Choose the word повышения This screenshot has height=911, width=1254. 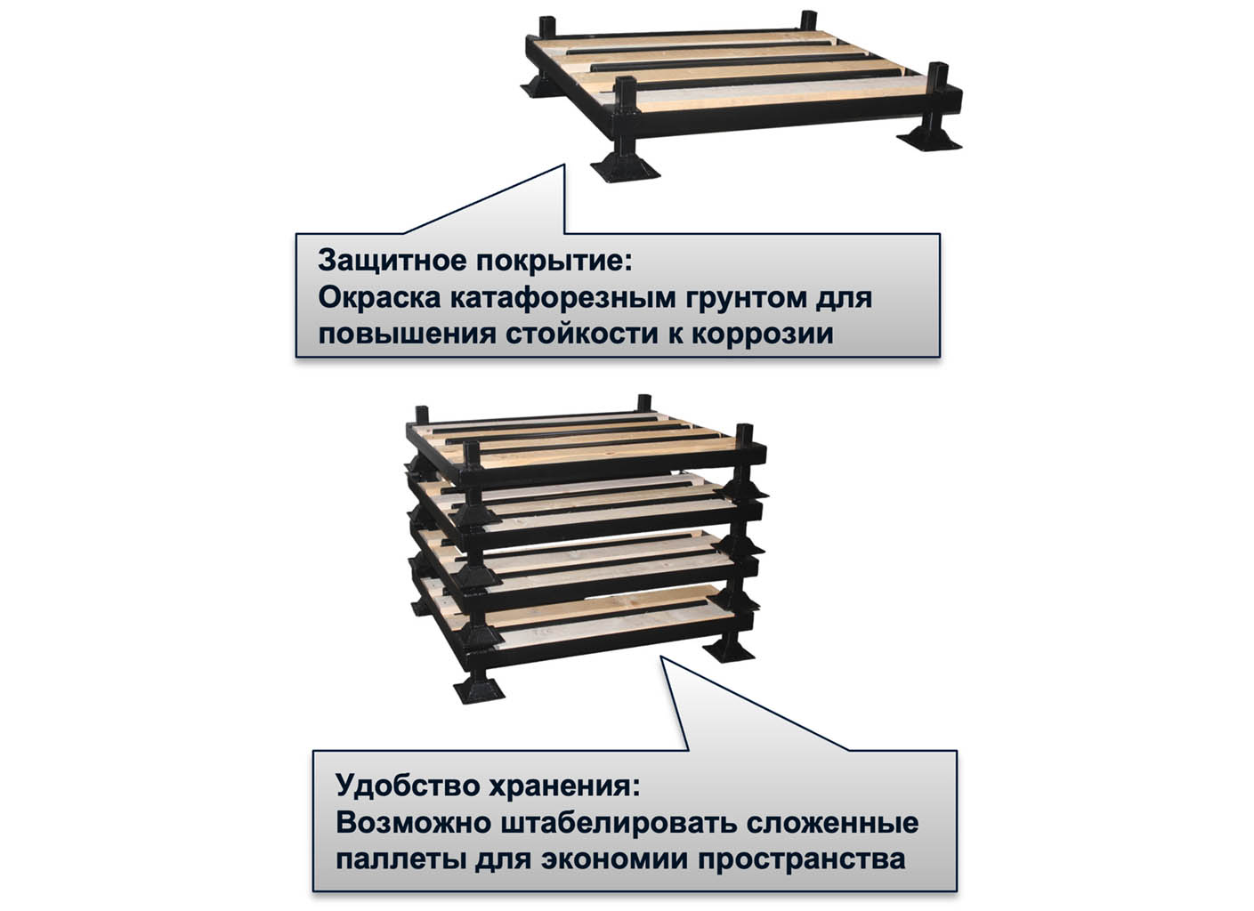point(408,335)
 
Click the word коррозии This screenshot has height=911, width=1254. point(763,335)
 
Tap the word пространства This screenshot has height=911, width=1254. point(801,860)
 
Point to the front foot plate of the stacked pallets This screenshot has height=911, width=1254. point(479,692)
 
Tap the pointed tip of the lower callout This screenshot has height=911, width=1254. point(661,657)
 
